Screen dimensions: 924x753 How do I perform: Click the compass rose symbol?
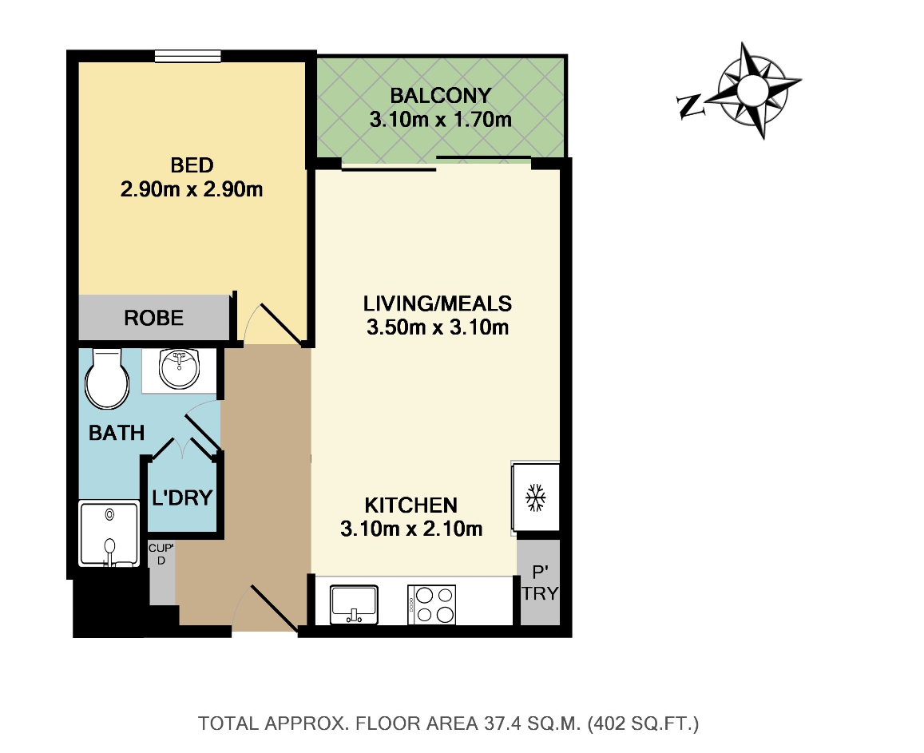[x=752, y=90]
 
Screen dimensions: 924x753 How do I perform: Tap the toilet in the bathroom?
[x=107, y=378]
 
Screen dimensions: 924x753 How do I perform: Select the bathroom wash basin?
[x=179, y=369]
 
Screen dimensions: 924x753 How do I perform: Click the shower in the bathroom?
[x=109, y=534]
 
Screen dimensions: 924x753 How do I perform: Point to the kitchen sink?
[x=354, y=604]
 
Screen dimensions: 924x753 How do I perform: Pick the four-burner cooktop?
[x=431, y=604]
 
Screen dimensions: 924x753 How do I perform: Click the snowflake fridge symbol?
[x=535, y=498]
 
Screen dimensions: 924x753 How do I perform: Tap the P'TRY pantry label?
[x=540, y=583]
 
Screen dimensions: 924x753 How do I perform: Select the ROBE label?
[x=154, y=318]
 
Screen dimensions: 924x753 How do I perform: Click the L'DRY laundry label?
[x=182, y=498]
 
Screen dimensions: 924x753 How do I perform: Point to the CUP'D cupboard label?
[x=161, y=554]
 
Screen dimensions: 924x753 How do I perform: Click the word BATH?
[x=117, y=433]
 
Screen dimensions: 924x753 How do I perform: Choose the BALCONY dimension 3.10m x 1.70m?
[x=441, y=120]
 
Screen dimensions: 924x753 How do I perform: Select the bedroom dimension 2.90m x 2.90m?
[x=192, y=189]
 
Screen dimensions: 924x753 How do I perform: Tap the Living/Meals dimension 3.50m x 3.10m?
[x=438, y=327]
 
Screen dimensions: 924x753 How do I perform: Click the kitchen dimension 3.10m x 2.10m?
[x=411, y=529]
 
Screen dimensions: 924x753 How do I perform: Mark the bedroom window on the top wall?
[x=188, y=56]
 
